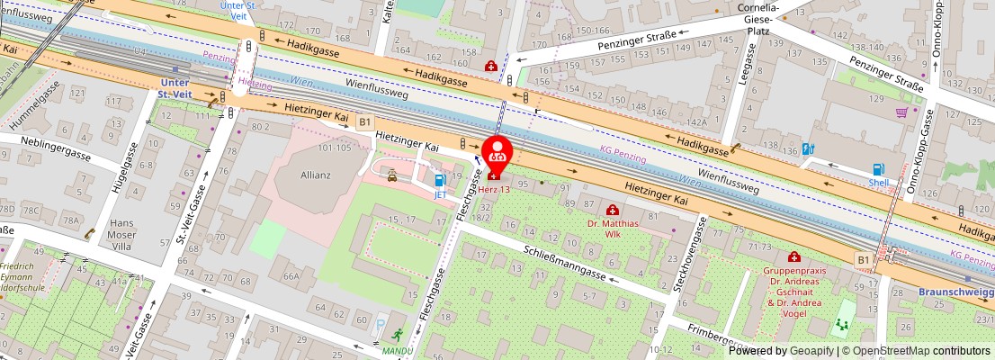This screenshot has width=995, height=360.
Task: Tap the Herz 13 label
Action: point(493,188)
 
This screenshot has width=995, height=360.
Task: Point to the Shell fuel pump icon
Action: point(878,168)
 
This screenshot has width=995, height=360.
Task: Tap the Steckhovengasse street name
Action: point(686,258)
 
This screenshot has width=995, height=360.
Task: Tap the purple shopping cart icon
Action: point(901,112)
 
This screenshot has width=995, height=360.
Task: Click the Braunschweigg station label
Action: point(955,292)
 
